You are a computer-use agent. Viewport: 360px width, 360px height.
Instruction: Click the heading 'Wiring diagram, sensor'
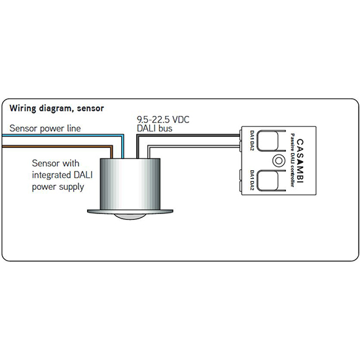pos(57,109)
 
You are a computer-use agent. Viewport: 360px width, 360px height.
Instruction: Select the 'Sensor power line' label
pos(45,128)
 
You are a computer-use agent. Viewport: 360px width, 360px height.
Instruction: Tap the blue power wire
pos(63,135)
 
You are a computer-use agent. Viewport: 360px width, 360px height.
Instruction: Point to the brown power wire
pos(58,147)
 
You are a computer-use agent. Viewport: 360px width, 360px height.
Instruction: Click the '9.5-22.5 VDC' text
pos(163,120)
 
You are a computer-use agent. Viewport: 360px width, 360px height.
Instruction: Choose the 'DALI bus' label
pos(154,128)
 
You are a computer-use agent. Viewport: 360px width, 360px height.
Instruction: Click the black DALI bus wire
pos(189,135)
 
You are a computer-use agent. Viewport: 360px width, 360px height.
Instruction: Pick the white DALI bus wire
pos(194,146)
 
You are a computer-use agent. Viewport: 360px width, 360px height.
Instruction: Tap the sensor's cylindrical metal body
pos(130,184)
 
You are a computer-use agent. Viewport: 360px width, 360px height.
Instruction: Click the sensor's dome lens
pos(130,216)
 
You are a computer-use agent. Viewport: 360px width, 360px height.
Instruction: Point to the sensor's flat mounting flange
pos(130,211)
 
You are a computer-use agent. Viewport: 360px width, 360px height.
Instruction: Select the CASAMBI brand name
pos(300,161)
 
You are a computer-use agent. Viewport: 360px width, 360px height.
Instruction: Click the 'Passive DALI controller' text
pos(292,160)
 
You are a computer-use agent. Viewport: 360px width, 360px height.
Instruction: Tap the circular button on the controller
pos(279,161)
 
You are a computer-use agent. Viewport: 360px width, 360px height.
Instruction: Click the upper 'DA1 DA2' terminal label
pos(252,141)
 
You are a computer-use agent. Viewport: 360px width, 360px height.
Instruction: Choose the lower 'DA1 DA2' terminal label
pos(252,180)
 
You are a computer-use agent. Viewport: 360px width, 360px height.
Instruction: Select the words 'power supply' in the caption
pos(58,187)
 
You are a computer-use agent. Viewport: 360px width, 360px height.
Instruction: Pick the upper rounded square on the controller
pos(268,141)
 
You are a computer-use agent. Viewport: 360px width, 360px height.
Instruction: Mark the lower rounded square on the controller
pos(268,181)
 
